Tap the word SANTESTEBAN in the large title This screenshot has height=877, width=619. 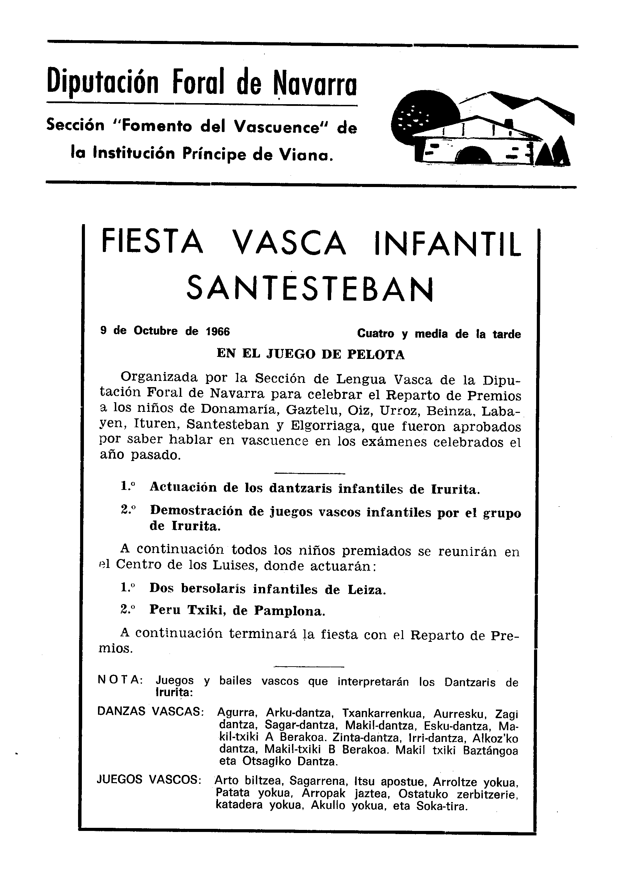[x=310, y=289]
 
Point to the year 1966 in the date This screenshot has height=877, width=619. [x=218, y=331]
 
